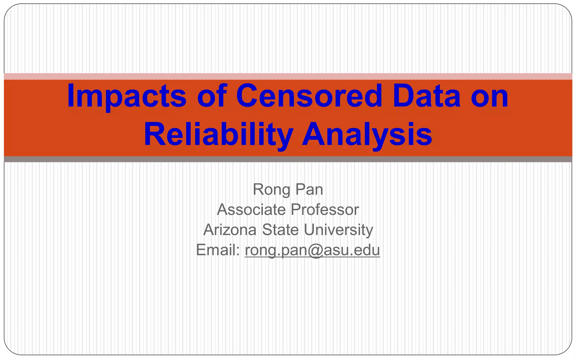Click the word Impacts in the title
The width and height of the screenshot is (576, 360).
pyautogui.click(x=127, y=96)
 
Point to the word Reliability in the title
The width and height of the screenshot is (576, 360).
pyautogui.click(x=218, y=134)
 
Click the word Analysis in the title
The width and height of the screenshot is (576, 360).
pyautogui.click(x=367, y=134)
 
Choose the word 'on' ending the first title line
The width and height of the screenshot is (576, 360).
pyautogui.click(x=489, y=96)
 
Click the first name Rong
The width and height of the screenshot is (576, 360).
pyautogui.click(x=271, y=190)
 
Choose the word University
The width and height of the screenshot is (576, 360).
pyautogui.click(x=338, y=230)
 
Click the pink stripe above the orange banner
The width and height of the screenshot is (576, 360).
pyautogui.click(x=288, y=76)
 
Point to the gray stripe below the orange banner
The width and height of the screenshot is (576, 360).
pyautogui.click(x=288, y=159)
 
